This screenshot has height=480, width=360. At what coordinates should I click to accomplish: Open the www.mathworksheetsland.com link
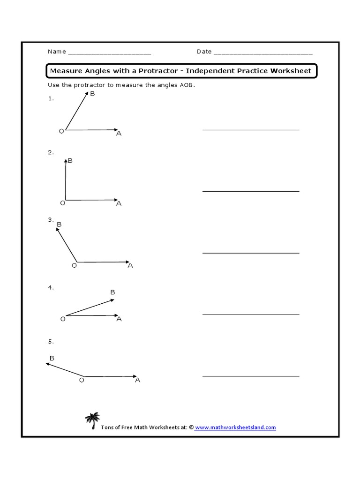click(x=235, y=427)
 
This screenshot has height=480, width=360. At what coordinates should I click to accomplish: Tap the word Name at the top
click(x=56, y=52)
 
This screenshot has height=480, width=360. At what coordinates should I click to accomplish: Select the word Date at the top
click(x=204, y=52)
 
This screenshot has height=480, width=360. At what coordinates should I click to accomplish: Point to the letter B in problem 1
click(x=92, y=94)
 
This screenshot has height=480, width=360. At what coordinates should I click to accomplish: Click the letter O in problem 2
click(x=62, y=203)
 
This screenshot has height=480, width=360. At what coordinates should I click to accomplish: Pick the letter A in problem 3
click(x=130, y=265)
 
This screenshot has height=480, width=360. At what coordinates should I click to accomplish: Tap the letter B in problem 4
click(x=112, y=292)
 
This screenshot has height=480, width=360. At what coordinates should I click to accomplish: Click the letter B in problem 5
click(x=52, y=358)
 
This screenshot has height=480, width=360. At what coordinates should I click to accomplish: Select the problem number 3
click(x=51, y=219)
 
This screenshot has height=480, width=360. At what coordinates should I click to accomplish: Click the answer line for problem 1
click(x=251, y=129)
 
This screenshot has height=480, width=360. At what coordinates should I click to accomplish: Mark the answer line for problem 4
click(x=251, y=315)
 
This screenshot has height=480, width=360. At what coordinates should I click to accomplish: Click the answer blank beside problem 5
click(x=251, y=376)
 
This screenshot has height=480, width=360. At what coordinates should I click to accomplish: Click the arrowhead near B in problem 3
click(x=58, y=230)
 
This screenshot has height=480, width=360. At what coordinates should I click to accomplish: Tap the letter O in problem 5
click(x=82, y=380)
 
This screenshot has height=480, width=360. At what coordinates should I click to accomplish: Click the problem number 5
click(x=51, y=341)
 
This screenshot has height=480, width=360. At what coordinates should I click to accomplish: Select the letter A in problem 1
click(x=119, y=134)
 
